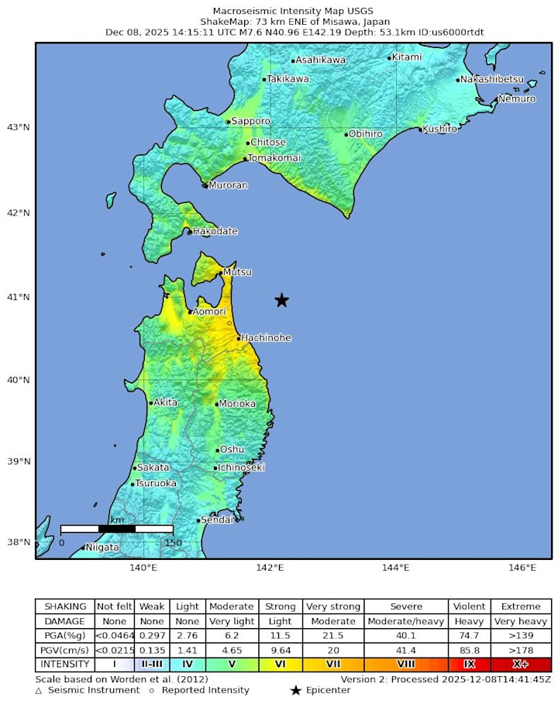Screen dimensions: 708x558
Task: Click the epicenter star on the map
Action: click(x=282, y=300)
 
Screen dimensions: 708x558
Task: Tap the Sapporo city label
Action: click(x=251, y=121)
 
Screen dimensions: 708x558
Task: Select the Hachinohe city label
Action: click(x=266, y=338)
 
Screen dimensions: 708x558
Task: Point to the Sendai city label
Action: click(x=217, y=520)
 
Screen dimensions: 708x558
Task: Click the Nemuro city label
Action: click(x=517, y=98)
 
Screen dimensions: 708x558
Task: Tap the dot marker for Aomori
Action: click(x=190, y=312)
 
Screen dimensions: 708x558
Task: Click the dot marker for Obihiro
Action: click(x=346, y=134)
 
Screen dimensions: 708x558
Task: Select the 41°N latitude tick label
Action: click(x=18, y=297)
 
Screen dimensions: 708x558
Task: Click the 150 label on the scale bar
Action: click(x=173, y=543)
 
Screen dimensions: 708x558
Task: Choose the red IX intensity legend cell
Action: click(x=470, y=665)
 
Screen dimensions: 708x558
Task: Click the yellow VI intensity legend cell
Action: click(x=280, y=665)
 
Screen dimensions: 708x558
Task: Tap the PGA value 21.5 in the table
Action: click(x=333, y=635)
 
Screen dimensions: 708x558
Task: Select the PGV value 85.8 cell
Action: click(x=470, y=650)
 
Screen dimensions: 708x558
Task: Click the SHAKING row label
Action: click(x=65, y=606)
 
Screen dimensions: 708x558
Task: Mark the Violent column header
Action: click(x=470, y=606)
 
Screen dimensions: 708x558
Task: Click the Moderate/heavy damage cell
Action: click(x=407, y=621)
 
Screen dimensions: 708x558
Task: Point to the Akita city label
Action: click(x=165, y=402)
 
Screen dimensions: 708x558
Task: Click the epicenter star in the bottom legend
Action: click(x=295, y=690)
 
